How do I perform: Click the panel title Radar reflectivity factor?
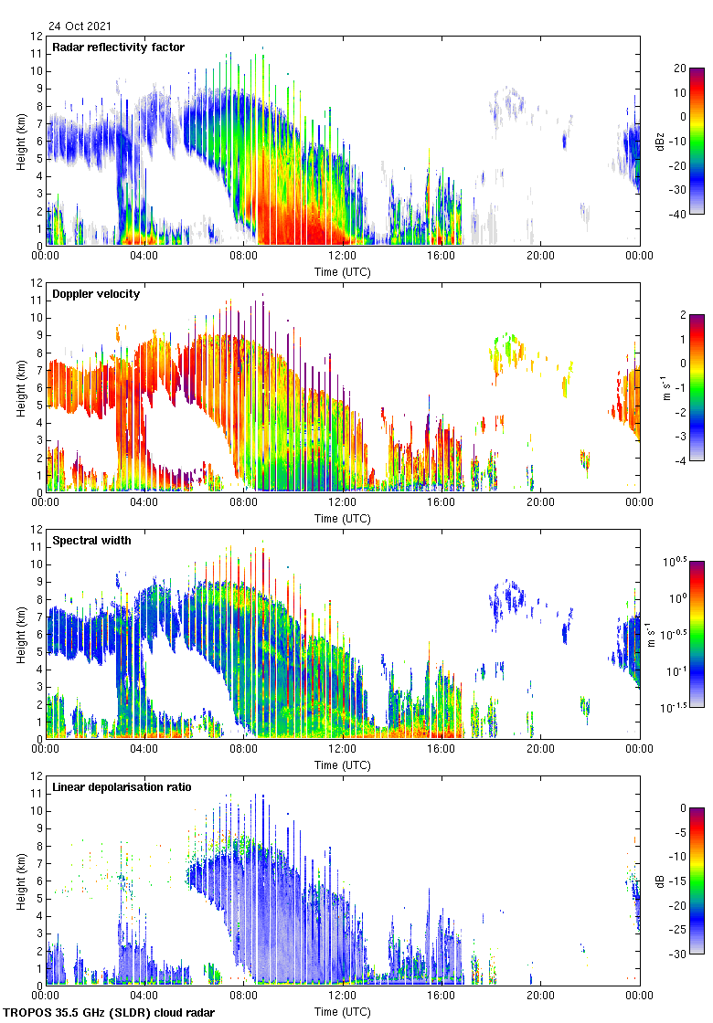point(119,47)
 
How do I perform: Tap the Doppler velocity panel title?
point(96,294)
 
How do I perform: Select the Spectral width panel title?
point(93,541)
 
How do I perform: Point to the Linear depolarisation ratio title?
point(122,787)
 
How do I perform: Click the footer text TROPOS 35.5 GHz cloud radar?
point(110,1013)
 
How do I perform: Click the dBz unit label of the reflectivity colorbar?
point(660,141)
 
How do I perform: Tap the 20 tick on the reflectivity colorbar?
point(680,69)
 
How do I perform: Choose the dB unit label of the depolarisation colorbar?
point(660,881)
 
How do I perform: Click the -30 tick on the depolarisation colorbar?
point(682,954)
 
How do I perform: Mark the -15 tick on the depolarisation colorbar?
point(682,881)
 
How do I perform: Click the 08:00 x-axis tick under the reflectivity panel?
point(243,257)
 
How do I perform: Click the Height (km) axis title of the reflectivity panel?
point(20,141)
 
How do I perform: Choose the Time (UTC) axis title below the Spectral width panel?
point(342,765)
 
